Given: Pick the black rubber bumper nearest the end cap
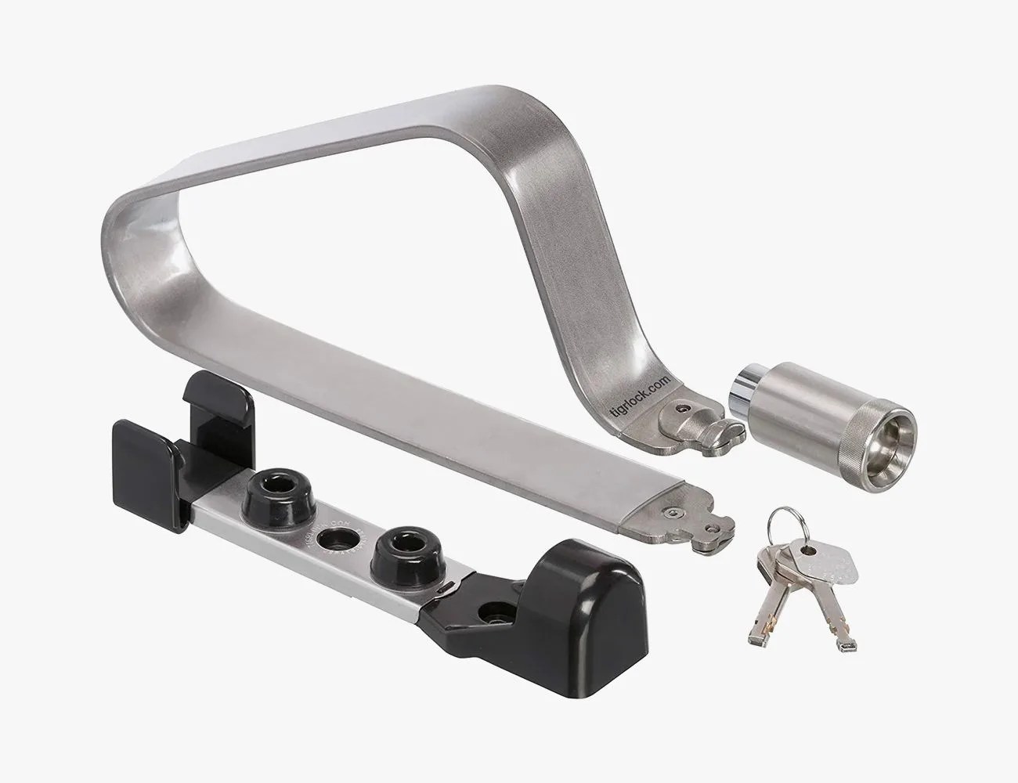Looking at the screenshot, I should (x=395, y=547).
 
